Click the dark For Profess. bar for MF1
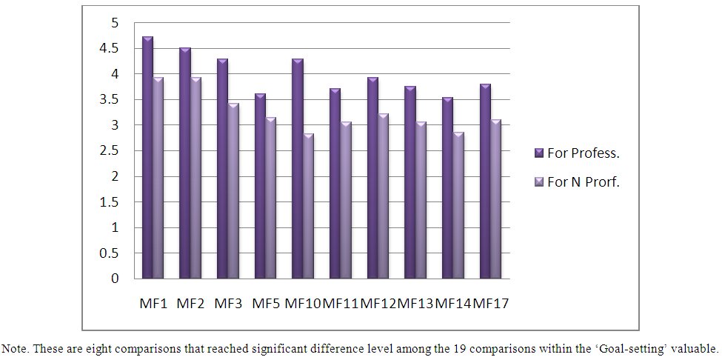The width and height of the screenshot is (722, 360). [148, 157]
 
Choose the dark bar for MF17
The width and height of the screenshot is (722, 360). [486, 181]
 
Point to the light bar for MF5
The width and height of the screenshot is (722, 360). [271, 198]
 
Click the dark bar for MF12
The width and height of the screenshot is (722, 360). [373, 178]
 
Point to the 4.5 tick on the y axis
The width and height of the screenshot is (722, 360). [110, 49]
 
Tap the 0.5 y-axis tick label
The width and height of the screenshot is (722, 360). [110, 253]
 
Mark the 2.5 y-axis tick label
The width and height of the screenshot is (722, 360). [110, 151]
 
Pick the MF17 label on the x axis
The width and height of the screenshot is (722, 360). [491, 304]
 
